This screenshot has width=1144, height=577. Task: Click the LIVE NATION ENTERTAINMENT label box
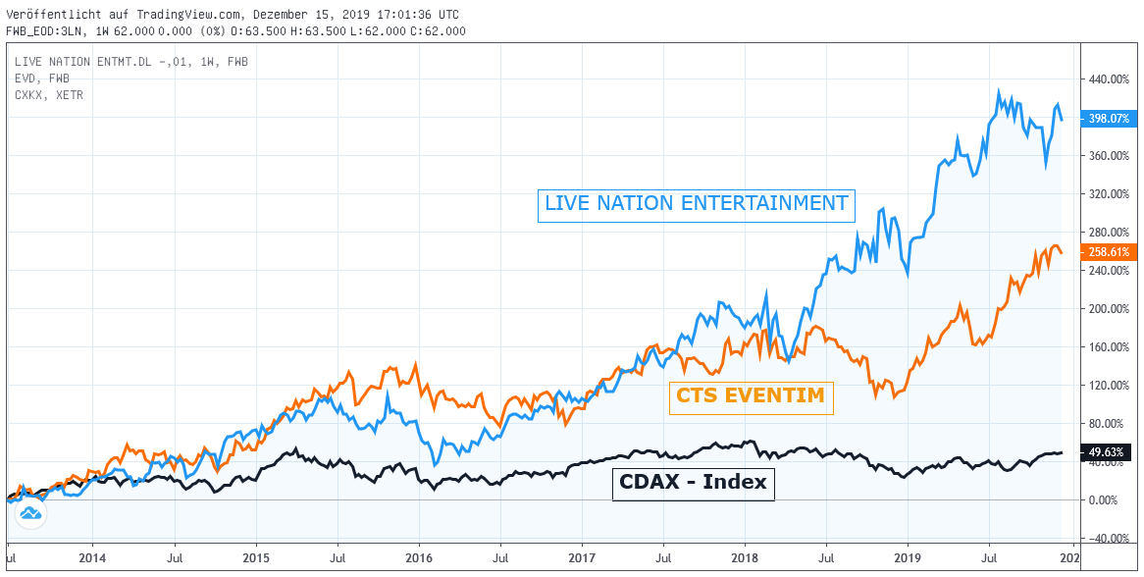click(x=697, y=205)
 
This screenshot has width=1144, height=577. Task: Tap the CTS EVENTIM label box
click(x=751, y=397)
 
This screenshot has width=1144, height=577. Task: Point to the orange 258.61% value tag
click(x=1109, y=252)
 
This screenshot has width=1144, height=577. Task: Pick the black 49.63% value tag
click(x=1109, y=452)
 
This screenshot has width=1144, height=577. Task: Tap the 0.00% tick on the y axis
click(x=1110, y=500)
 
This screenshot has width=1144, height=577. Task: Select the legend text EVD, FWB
click(x=42, y=78)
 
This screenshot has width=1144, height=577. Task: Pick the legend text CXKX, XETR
click(x=49, y=94)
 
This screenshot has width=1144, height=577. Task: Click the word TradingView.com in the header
click(x=171, y=15)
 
